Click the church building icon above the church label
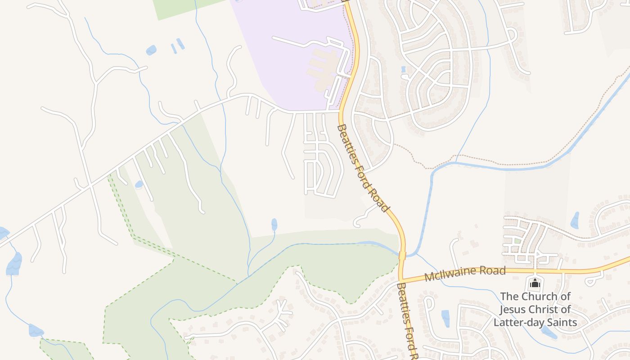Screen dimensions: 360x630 [x=535, y=283]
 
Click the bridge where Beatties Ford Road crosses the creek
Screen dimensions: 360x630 [x=402, y=256]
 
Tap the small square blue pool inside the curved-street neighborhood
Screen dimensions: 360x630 [x=403, y=69]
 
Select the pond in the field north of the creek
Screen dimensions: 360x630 [x=274, y=224]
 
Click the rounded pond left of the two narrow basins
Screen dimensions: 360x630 [x=151, y=50]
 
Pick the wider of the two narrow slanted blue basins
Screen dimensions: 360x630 [x=180, y=44]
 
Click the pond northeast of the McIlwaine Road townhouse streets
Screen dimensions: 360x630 [x=575, y=220]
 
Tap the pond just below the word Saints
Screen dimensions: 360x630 [x=549, y=333]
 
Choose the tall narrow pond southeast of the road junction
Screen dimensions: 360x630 [x=445, y=318]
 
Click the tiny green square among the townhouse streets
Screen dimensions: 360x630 [x=518, y=241]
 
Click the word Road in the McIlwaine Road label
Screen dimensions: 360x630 [x=492, y=271]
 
